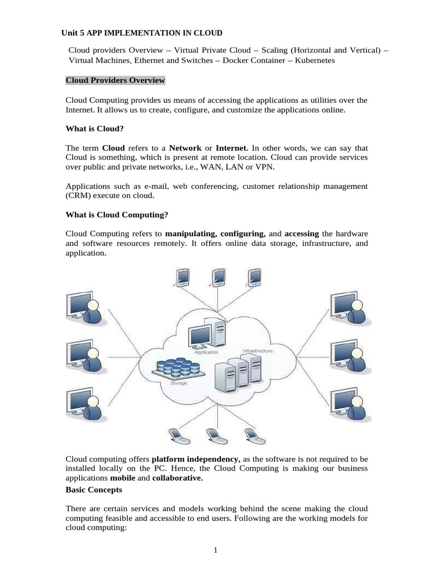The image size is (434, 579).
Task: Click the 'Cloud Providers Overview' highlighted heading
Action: [x=115, y=80]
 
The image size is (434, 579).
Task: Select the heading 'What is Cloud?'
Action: [x=94, y=128]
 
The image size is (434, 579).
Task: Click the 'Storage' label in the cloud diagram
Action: [x=179, y=383]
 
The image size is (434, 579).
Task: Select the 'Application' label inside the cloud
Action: [x=206, y=352]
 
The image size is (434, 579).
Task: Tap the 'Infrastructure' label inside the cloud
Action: [x=257, y=351]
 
